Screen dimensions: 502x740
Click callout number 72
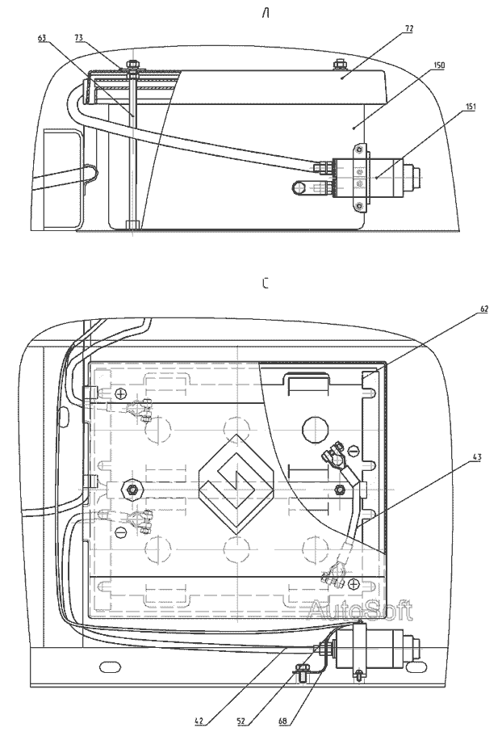tap(408, 29)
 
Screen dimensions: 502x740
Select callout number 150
tap(438, 65)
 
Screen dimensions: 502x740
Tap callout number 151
tap(470, 107)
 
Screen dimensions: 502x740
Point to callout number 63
tap(43, 39)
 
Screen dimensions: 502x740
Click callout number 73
tap(79, 38)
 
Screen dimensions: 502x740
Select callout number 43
tap(477, 457)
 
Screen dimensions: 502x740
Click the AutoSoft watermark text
tap(360, 610)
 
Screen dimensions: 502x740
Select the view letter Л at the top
tap(266, 14)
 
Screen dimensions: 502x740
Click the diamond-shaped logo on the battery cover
tap(236, 483)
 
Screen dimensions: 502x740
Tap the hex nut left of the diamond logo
tap(130, 488)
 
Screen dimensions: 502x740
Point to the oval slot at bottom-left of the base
tap(110, 666)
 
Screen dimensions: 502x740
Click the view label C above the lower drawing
tap(266, 284)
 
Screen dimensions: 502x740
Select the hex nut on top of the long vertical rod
tap(132, 64)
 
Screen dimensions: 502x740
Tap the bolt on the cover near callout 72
tap(338, 64)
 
